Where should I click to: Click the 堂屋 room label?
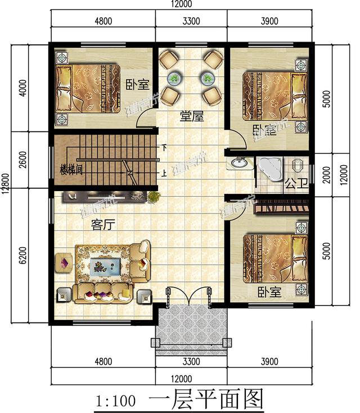[x=191, y=117]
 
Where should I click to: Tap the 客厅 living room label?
[x=103, y=225]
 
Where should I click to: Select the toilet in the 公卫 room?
[x=298, y=165]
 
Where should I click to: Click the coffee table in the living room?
[x=104, y=265]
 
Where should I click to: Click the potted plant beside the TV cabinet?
[x=152, y=196]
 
